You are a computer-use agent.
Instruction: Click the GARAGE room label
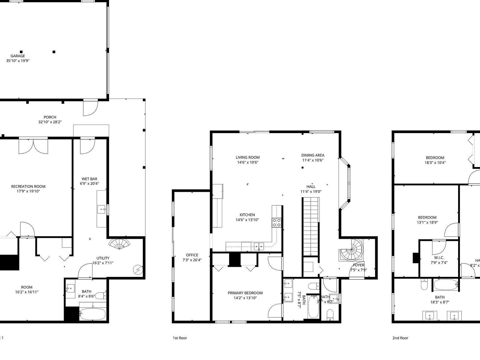[x=17, y=56]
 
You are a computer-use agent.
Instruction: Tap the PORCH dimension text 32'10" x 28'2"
[x=50, y=122]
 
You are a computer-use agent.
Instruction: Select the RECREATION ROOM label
[x=28, y=187]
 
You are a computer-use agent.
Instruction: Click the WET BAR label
[x=89, y=179]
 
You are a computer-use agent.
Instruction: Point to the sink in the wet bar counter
[x=101, y=209]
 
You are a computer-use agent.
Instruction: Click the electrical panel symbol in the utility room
[x=137, y=269]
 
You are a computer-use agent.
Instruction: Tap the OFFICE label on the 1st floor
[x=192, y=255]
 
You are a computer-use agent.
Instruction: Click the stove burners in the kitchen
[x=277, y=222]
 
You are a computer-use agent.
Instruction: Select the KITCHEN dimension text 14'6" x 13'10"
[x=247, y=220]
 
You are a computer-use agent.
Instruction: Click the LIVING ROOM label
[x=247, y=157]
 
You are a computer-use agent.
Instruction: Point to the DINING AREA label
[x=312, y=155]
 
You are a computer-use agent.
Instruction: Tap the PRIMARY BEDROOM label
[x=245, y=293]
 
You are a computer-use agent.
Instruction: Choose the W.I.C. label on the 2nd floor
[x=439, y=258]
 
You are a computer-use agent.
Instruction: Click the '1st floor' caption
[x=180, y=338]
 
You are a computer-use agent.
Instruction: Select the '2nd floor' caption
[x=400, y=338]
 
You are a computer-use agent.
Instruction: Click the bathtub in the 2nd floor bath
[x=445, y=285]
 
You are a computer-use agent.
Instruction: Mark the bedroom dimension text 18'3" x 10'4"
[x=435, y=162]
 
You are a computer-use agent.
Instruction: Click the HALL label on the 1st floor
[x=311, y=187]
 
